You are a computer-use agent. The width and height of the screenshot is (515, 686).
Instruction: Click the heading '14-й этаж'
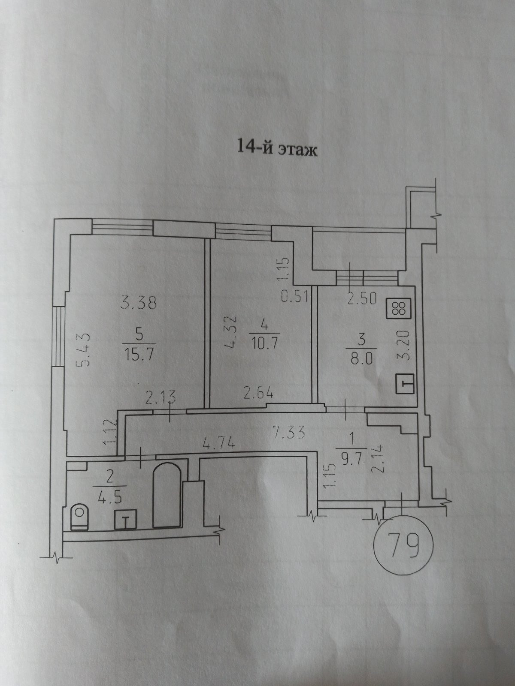click(277, 150)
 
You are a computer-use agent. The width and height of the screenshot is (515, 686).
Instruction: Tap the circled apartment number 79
click(404, 536)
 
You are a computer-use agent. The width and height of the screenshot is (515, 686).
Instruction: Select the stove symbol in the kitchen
click(400, 308)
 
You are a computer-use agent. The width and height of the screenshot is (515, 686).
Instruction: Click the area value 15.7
click(139, 354)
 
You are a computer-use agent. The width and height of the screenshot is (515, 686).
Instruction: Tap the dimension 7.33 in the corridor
click(289, 432)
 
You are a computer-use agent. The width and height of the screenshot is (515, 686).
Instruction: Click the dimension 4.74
click(218, 443)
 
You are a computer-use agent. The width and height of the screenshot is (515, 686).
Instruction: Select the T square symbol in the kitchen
click(404, 383)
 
